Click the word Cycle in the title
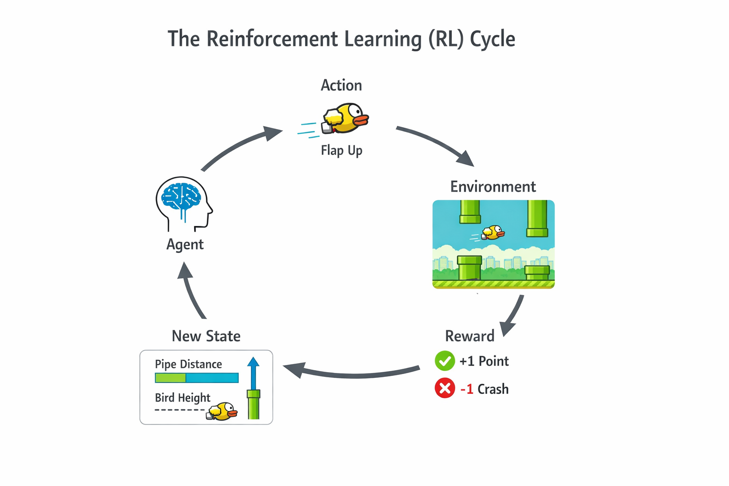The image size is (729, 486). coord(492,39)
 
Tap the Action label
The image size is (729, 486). coord(341,85)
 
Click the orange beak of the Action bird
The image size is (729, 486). coord(362,120)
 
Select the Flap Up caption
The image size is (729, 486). coord(341,150)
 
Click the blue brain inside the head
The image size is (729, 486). coord(181,196)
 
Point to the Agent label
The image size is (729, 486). coord(185,244)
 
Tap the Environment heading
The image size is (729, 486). coord(493,187)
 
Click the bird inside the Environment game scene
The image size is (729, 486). coord(493,233)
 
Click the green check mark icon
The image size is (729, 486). coord(445,361)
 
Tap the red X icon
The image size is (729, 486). coord(445,389)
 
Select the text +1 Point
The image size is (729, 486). coord(484,361)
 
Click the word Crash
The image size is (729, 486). coord(493,389)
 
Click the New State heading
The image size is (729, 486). coord(206,336)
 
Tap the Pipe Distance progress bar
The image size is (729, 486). coord(196,378)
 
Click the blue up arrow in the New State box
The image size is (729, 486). coord(253,373)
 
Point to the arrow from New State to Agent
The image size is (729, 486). coord(191,291)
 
